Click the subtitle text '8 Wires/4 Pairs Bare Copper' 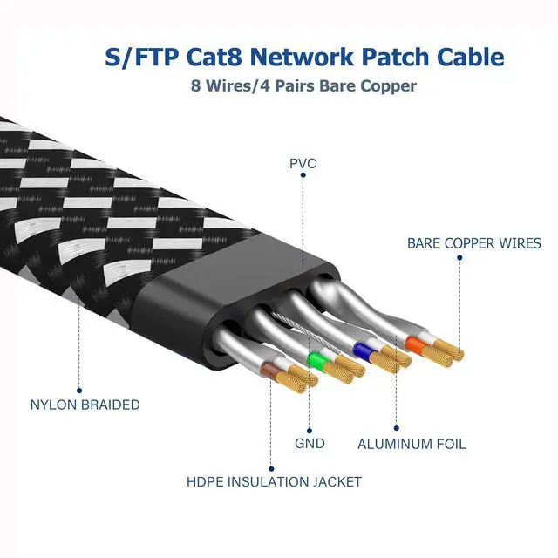click(303, 86)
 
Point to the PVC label click(303, 163)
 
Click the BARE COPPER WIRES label click(473, 244)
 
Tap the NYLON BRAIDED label click(85, 405)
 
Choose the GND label click(310, 444)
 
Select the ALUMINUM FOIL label click(412, 444)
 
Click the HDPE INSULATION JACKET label click(274, 481)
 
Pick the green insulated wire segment click(316, 359)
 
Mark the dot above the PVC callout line click(303, 174)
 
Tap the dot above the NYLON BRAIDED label click(78, 390)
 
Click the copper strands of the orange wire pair click(448, 350)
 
